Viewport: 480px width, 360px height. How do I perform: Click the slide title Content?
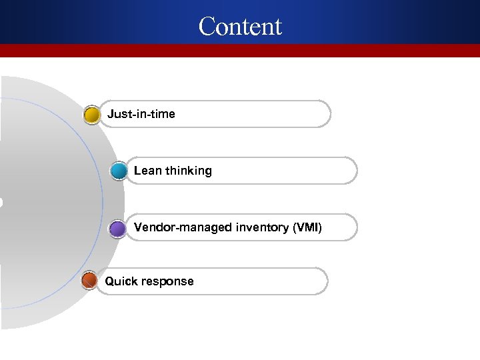240,26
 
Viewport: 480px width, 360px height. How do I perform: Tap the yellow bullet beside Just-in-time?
92,115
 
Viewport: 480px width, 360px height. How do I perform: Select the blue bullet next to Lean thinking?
118,171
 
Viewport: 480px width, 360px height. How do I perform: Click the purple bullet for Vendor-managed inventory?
117,229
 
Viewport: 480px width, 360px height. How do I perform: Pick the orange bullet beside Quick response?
89,281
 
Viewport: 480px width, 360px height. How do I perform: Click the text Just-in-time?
141,114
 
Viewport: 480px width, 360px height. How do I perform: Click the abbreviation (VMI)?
307,228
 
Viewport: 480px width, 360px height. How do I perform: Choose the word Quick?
119,281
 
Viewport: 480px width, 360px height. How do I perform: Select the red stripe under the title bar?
240,51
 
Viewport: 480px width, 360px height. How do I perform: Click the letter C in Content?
208,27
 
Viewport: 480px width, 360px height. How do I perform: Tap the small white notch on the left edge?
1,202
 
